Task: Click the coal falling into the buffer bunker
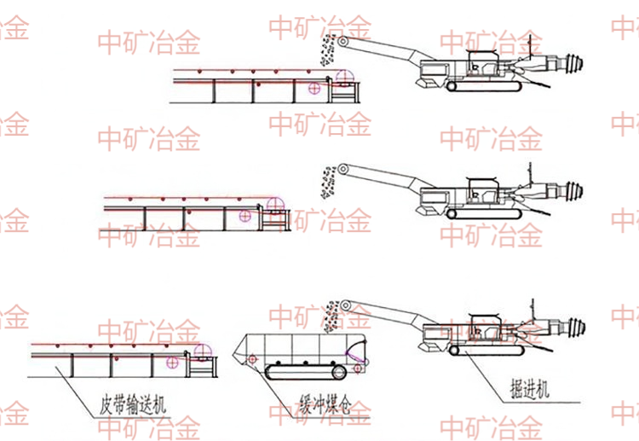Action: (332, 315)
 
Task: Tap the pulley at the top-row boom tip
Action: (342, 41)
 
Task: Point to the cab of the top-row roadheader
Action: (482, 61)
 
